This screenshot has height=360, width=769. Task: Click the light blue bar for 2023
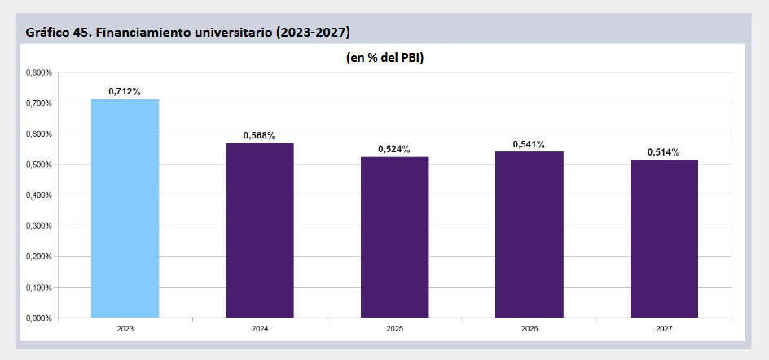[125, 209]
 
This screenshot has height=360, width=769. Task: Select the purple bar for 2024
[260, 230]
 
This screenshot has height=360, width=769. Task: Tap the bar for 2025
[395, 237]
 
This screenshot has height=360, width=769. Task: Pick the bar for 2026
[530, 235]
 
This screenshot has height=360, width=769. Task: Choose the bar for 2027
[664, 239]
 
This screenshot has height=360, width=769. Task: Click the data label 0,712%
[125, 91]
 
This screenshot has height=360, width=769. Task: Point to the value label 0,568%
[259, 135]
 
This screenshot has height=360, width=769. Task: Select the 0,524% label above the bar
[394, 149]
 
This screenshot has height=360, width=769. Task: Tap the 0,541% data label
[530, 144]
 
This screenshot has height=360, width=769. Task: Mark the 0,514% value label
[664, 152]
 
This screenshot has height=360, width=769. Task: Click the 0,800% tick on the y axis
[39, 73]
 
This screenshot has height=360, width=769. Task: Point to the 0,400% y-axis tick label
[39, 195]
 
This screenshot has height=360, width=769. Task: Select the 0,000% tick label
[39, 318]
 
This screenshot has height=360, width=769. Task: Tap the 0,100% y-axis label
[39, 288]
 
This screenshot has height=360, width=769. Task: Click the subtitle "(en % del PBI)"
[384, 58]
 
